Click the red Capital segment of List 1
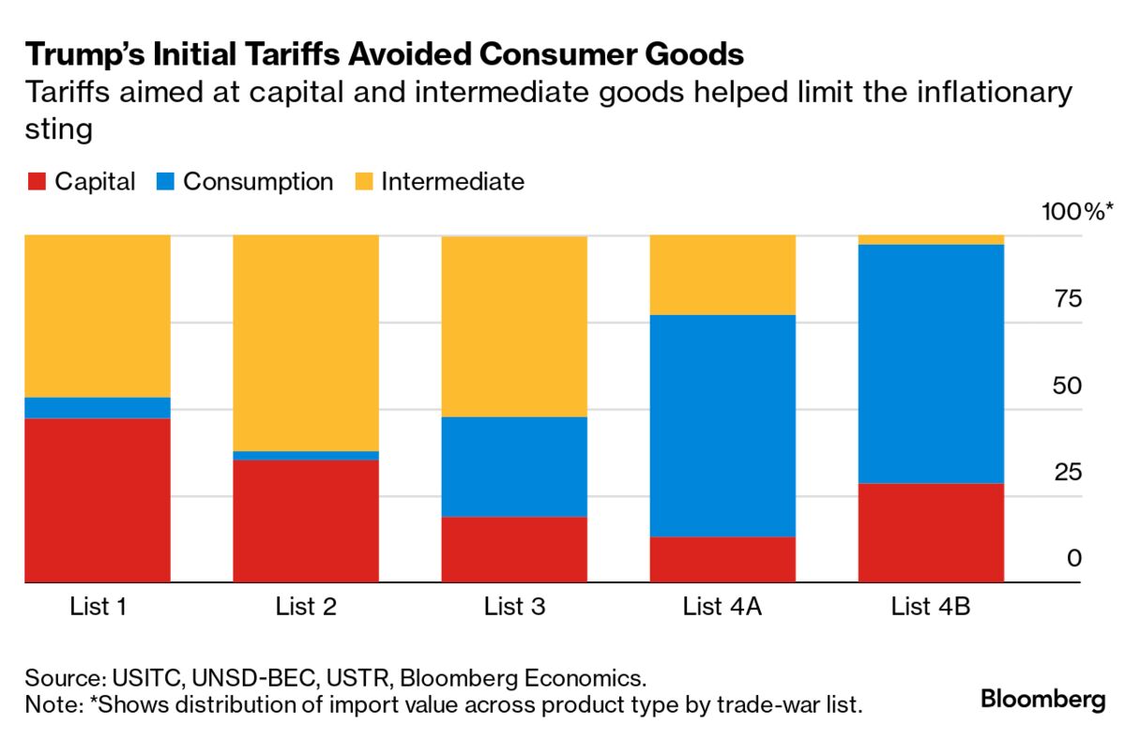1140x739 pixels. (98, 500)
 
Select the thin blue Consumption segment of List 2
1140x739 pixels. (306, 456)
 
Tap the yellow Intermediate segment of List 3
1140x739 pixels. (514, 325)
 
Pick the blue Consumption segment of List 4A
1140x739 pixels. (722, 425)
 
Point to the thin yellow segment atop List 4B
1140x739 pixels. (931, 240)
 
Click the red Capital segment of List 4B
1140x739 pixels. (931, 533)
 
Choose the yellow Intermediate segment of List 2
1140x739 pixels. (306, 342)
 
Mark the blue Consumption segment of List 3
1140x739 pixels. (514, 466)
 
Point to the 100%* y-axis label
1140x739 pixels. (1078, 212)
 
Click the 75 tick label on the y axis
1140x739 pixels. (1069, 299)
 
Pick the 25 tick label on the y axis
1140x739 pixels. (1069, 472)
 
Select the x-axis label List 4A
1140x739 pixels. (722, 607)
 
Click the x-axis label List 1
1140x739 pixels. (98, 607)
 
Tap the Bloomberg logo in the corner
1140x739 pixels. (1042, 700)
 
